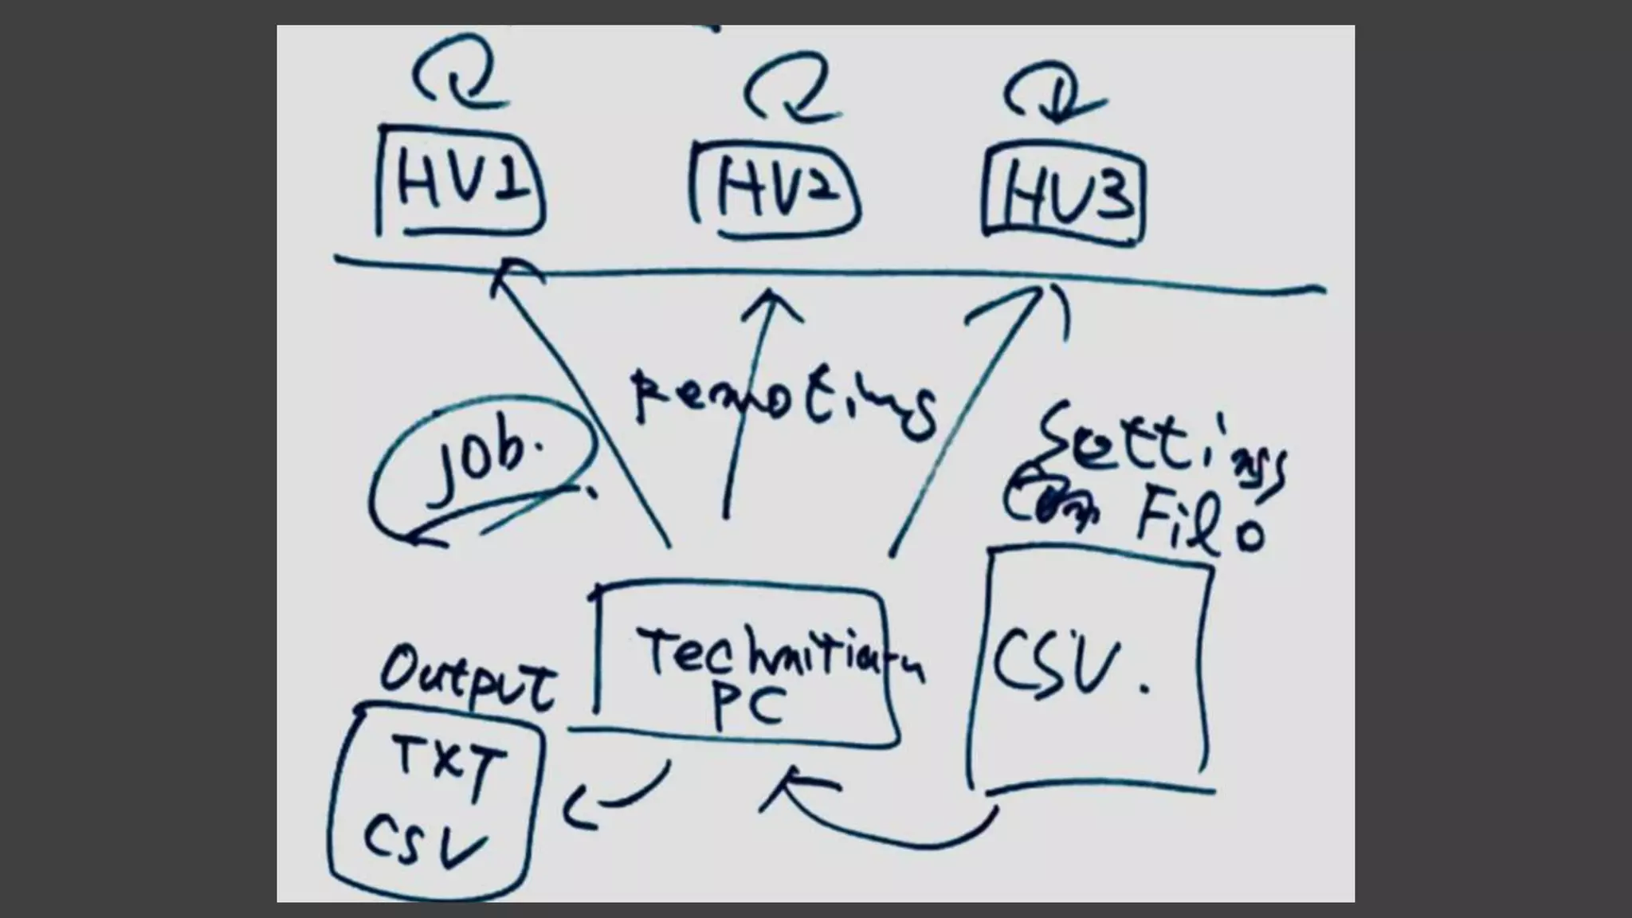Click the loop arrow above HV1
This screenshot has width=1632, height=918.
(457, 76)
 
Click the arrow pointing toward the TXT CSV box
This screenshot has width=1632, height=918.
(614, 798)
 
